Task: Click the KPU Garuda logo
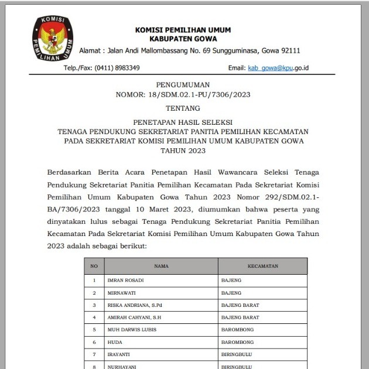pyautogui.click(x=53, y=40)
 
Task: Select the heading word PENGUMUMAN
pyautogui.click(x=183, y=85)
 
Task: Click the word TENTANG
pyautogui.click(x=183, y=108)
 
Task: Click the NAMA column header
pyautogui.click(x=161, y=266)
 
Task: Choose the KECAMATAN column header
pyautogui.click(x=262, y=266)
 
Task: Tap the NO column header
pyautogui.click(x=94, y=266)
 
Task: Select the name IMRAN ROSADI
pyautogui.click(x=125, y=281)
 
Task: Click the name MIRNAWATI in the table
pyautogui.click(x=122, y=293)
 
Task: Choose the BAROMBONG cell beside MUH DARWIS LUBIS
pyautogui.click(x=238, y=330)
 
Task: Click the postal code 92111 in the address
pyautogui.click(x=288, y=51)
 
